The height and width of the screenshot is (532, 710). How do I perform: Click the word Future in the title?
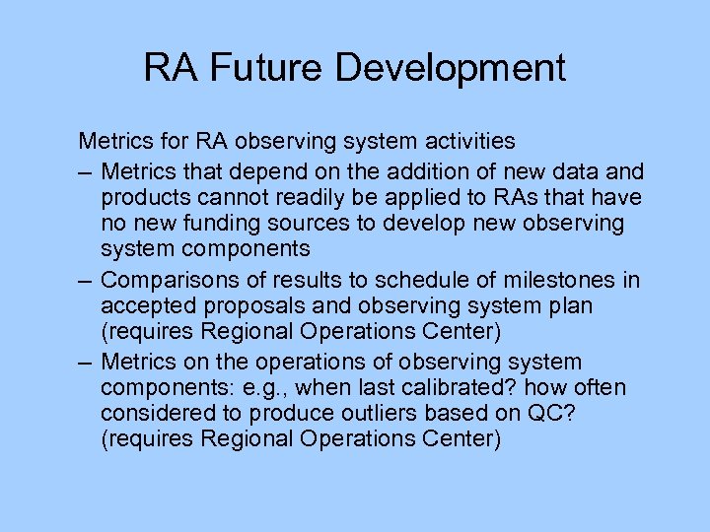pyautogui.click(x=258, y=68)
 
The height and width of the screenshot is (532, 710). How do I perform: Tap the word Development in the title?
pyautogui.click(x=451, y=68)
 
